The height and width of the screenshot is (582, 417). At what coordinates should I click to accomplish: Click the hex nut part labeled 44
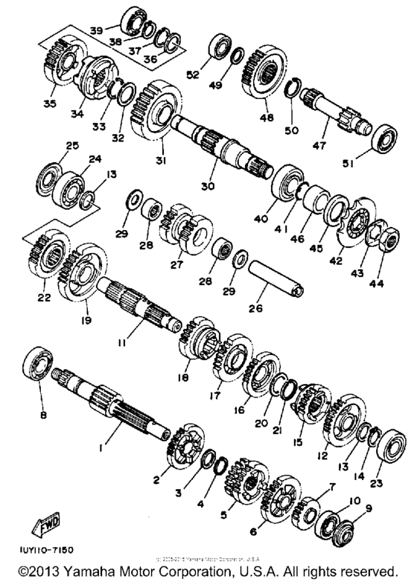click(388, 240)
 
